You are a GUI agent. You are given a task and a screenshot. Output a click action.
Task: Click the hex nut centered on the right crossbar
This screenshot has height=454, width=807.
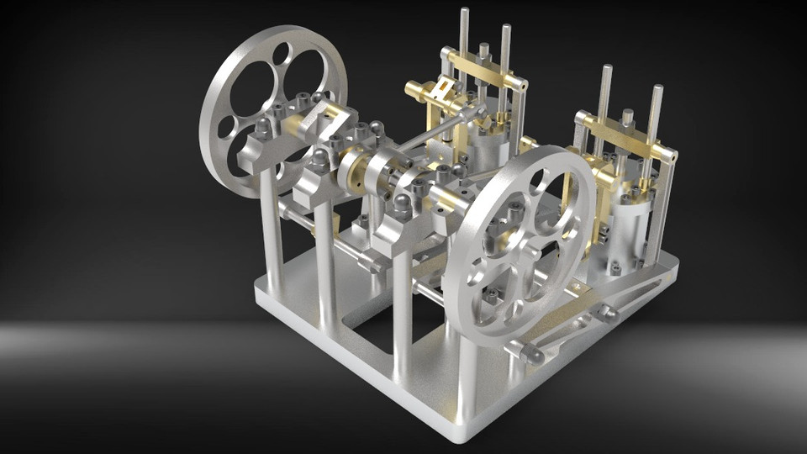coord(627,117)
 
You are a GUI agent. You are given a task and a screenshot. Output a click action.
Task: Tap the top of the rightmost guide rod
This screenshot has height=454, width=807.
coord(657,88)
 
